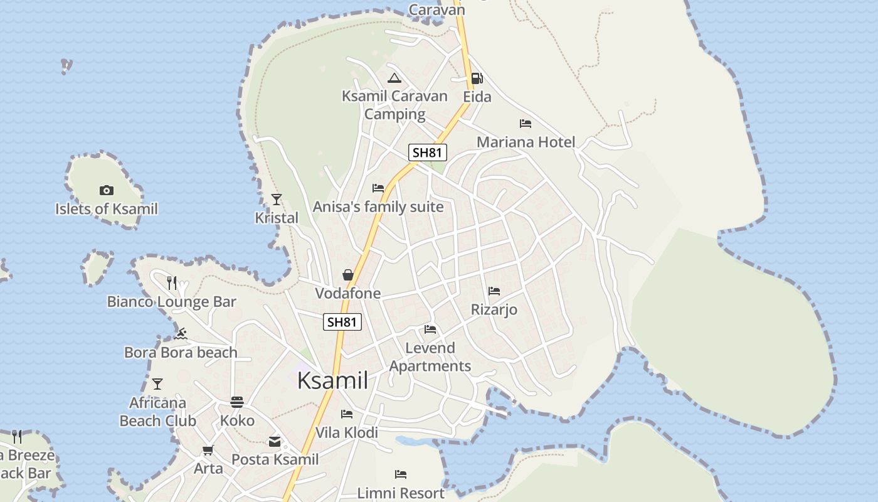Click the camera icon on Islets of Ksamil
pos(107,190)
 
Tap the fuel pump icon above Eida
pos(477,78)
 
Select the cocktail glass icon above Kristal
pos(277,200)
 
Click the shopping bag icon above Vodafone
pos(348,275)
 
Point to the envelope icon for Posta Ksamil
pos(275,441)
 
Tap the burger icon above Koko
pos(237,402)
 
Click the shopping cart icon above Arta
pos(208,450)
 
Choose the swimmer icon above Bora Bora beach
pos(181,333)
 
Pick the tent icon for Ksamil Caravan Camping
pos(394,78)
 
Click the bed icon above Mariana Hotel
pos(526,124)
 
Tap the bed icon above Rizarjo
pos(494,291)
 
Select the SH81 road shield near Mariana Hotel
pos(428,152)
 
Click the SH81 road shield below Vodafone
pos(342,322)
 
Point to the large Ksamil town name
pos(332,380)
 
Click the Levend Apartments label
pos(430,357)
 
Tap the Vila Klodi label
pos(347,432)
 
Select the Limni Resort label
pos(401,493)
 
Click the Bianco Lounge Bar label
pos(172,302)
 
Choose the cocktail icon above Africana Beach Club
pos(157,383)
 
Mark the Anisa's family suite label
pos(378,207)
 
